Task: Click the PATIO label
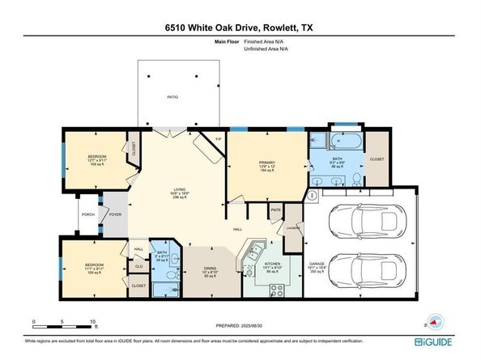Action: tap(172, 96)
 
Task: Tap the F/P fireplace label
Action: tap(218, 140)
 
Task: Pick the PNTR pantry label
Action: tap(275, 210)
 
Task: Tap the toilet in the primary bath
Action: tap(357, 183)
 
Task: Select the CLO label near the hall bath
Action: tap(138, 265)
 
